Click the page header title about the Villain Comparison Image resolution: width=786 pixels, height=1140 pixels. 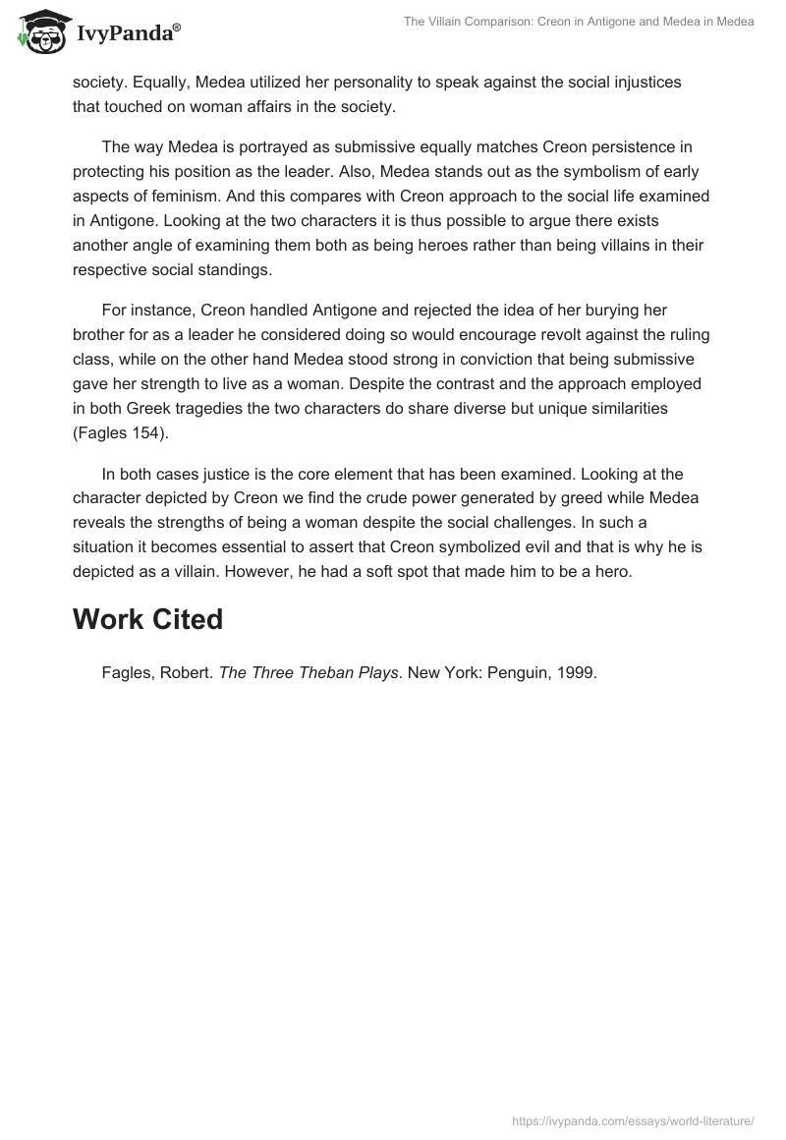(578, 22)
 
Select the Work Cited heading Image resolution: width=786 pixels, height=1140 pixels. (148, 619)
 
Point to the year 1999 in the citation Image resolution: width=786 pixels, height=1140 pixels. (576, 673)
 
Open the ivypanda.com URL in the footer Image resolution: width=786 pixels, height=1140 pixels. (633, 1119)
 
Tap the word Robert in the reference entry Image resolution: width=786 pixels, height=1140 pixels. (189, 673)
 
